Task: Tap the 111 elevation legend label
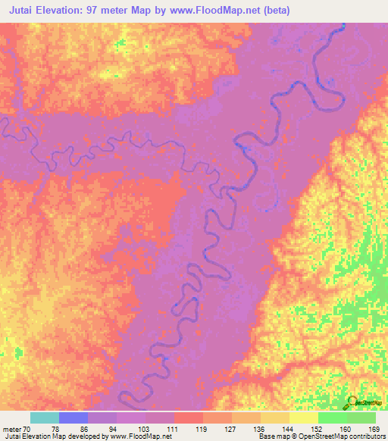point(174,428)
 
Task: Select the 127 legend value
point(232,428)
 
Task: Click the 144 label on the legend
point(289,428)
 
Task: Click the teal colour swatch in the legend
point(44,418)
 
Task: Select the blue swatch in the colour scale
point(73,418)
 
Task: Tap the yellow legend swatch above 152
point(303,418)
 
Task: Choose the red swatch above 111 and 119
point(189,418)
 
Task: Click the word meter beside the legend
point(12,428)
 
